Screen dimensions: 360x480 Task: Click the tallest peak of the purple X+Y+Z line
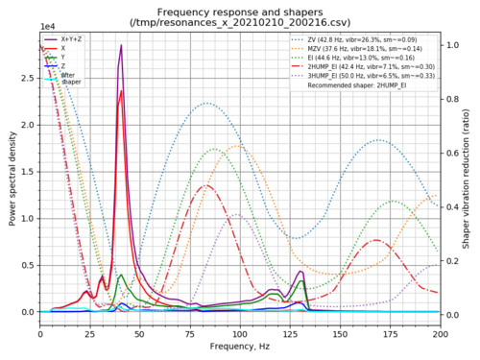point(121,45)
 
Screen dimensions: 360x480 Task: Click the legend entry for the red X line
point(63,47)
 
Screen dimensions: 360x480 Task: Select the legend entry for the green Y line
point(63,57)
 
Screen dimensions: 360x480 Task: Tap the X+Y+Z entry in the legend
point(71,37)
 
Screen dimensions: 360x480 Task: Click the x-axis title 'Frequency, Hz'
point(240,346)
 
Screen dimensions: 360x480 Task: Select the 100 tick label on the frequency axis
point(240,333)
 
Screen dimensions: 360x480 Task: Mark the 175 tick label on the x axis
point(390,333)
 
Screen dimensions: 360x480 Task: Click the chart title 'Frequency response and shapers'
point(240,9)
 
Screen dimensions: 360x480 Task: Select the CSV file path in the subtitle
point(240,21)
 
